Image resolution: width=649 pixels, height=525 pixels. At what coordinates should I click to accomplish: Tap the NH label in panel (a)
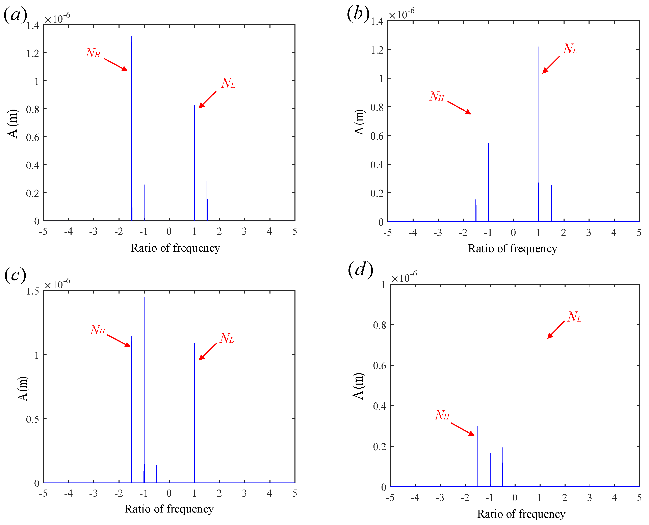93,53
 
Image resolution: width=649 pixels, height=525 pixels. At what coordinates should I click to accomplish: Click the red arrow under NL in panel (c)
208,352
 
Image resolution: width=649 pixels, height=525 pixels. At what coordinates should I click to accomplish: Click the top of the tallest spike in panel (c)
144,298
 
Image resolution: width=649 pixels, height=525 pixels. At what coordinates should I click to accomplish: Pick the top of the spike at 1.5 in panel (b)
551,186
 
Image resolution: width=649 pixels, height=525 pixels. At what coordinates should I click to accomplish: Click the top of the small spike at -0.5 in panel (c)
157,465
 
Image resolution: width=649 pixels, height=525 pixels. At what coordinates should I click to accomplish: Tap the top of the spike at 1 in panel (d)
540,321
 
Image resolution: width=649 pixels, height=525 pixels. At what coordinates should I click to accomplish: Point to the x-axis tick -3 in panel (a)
94,232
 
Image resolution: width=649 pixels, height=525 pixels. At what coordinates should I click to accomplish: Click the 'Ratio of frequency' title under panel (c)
169,509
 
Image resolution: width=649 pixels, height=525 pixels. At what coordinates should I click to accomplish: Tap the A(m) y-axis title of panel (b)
359,122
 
